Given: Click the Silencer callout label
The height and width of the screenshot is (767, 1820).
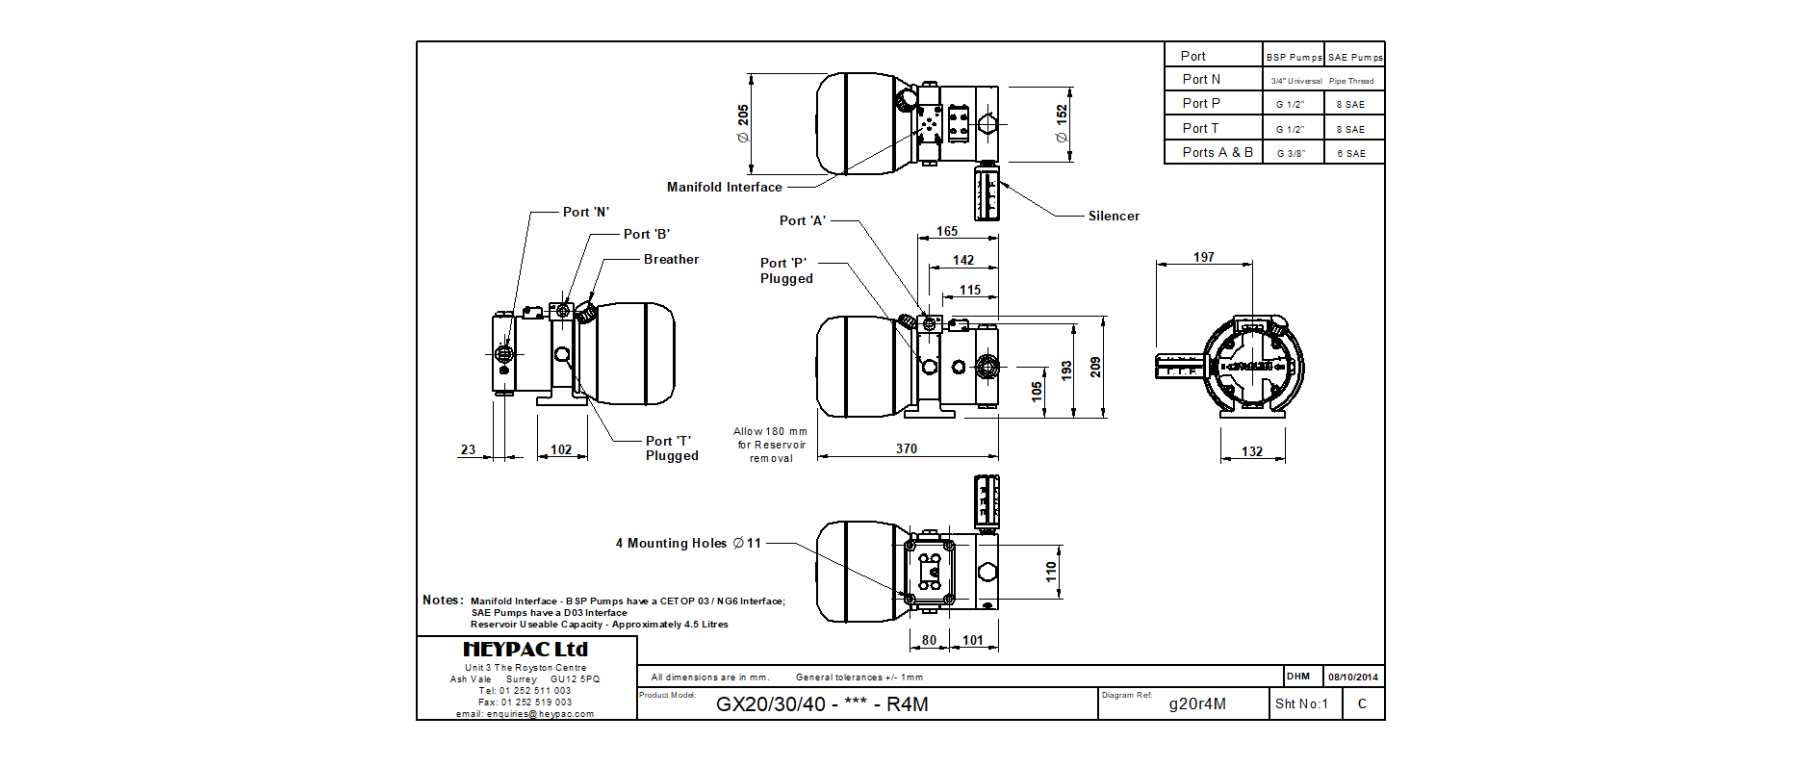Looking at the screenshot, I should [x=1114, y=217].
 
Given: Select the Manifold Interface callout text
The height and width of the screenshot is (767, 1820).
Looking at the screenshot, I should [x=724, y=188].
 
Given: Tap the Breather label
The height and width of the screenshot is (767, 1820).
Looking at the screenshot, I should [x=671, y=260].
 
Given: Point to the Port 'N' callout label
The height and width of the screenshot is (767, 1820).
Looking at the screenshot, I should [x=585, y=213].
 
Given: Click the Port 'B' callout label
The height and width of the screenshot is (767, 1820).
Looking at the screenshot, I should [x=646, y=235].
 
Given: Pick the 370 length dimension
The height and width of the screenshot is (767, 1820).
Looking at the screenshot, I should [x=907, y=448].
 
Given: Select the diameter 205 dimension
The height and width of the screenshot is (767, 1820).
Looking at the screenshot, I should [x=743, y=123].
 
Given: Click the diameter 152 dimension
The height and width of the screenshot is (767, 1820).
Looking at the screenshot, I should [x=1062, y=123].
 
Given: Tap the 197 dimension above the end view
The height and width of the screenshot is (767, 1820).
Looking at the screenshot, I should [x=1203, y=257].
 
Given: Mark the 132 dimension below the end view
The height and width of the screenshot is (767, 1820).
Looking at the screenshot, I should [x=1251, y=451].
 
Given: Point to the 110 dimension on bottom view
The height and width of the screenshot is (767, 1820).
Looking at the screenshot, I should [x=1051, y=572].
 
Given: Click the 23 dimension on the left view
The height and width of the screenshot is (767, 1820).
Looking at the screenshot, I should [x=468, y=449].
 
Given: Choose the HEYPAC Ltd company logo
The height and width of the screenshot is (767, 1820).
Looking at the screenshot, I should [x=525, y=650].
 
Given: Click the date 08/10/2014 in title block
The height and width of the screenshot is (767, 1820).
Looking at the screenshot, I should [x=1353, y=677].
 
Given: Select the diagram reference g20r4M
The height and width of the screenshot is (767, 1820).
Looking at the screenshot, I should [x=1197, y=703].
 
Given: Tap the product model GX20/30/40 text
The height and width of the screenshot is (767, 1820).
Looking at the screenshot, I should [x=822, y=704].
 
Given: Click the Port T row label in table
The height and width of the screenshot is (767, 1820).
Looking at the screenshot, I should [x=1200, y=128].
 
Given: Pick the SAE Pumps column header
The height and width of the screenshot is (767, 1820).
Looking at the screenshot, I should [x=1355, y=57].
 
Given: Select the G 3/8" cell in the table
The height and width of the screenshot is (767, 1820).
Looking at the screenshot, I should [x=1291, y=153].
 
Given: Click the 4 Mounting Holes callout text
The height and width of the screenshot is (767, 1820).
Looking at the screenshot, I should [x=688, y=544].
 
